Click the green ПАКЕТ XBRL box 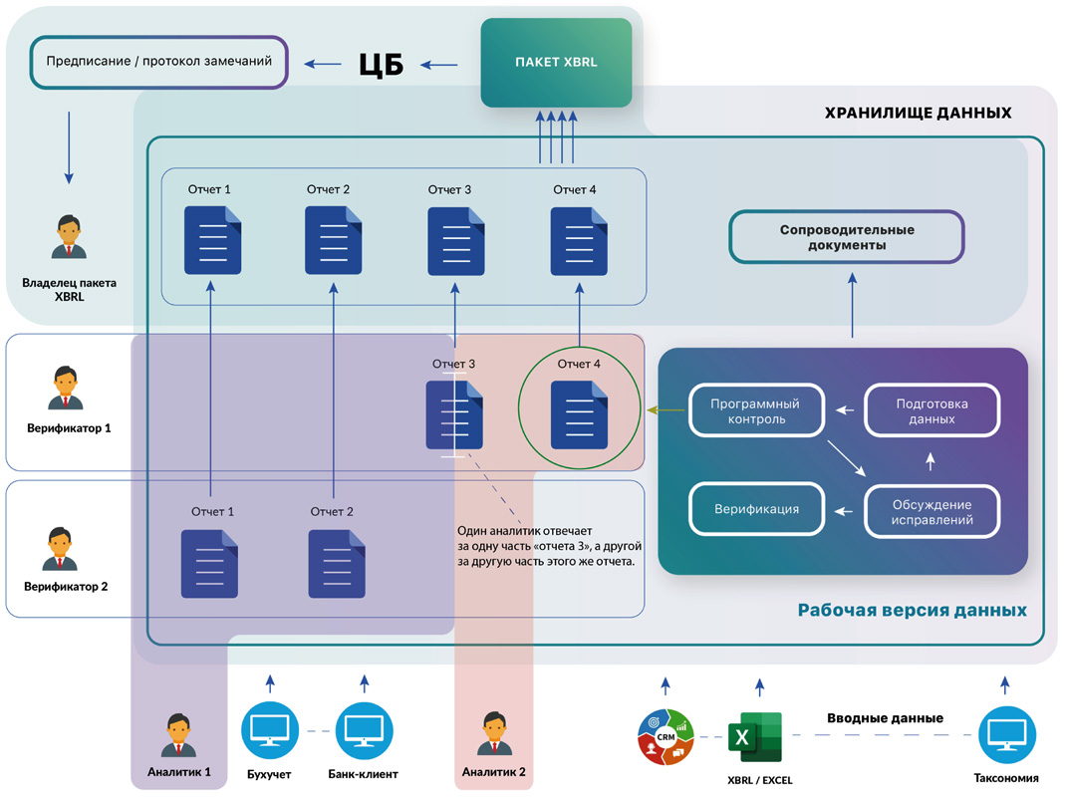point(556,63)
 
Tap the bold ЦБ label point(381,65)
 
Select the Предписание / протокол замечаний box point(158,62)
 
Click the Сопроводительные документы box point(847,237)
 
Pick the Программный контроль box point(757,411)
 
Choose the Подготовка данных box point(932,411)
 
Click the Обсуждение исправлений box point(932,511)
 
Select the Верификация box point(757,509)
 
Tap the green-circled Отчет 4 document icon point(579,414)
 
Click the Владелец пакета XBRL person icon point(69,237)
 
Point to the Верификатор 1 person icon point(66,388)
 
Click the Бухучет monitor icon point(270,731)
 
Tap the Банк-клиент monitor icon point(364,731)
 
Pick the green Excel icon point(755,737)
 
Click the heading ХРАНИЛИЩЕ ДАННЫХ point(918,113)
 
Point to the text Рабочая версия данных point(912,610)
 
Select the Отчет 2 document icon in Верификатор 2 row point(337,564)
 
